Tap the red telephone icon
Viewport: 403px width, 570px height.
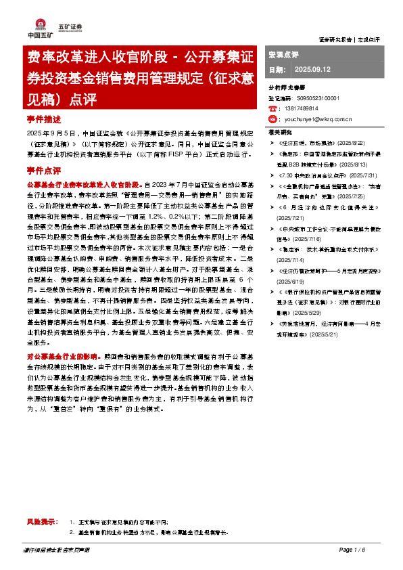tap(272, 108)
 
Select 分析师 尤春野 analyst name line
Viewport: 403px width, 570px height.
tap(287, 88)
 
